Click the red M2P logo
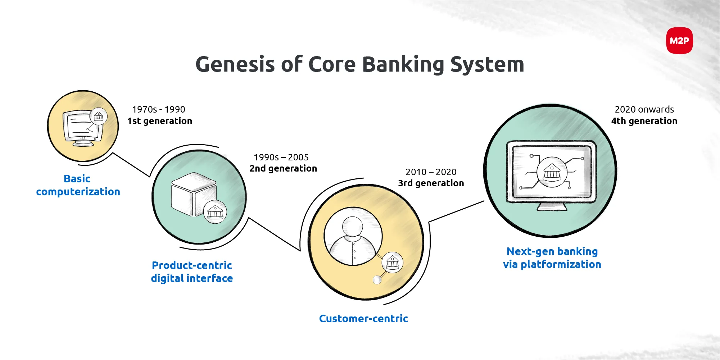pyautogui.click(x=679, y=41)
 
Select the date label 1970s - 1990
pyautogui.click(x=159, y=109)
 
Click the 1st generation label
pyautogui.click(x=160, y=121)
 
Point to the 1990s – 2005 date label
pyautogui.click(x=281, y=157)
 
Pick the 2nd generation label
pyautogui.click(x=283, y=168)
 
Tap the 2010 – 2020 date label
pyautogui.click(x=431, y=172)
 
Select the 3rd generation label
pyautogui.click(x=431, y=183)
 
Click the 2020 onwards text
pyautogui.click(x=644, y=109)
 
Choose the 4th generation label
pyautogui.click(x=644, y=121)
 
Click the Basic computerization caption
pyautogui.click(x=78, y=185)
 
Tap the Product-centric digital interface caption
pyautogui.click(x=192, y=272)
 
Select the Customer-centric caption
pyautogui.click(x=363, y=318)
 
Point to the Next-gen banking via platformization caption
pyautogui.click(x=552, y=258)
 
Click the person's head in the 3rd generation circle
pyautogui.click(x=353, y=226)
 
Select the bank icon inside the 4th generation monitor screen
pyautogui.click(x=552, y=172)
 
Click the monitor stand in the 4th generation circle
pyautogui.click(x=552, y=207)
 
